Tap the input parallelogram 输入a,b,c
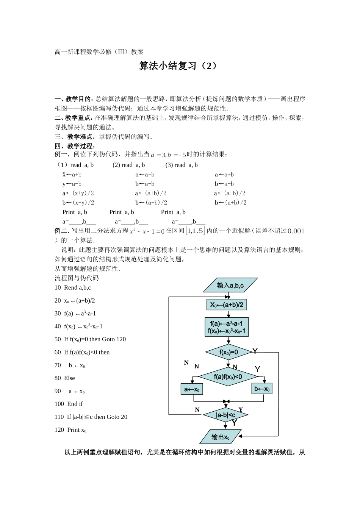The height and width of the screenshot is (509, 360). coord(230,285)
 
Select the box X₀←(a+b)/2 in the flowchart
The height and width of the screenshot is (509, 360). coord(227,305)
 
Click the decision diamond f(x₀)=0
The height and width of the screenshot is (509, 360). coord(229,352)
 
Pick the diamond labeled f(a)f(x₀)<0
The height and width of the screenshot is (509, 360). coord(228,376)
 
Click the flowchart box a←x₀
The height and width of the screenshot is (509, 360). coord(192,389)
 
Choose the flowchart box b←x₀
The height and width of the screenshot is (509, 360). coord(262,389)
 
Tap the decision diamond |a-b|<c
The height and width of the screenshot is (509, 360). coord(225,415)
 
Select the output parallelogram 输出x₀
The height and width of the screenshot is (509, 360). coord(221,437)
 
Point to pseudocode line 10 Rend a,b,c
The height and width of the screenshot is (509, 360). coord(73,287)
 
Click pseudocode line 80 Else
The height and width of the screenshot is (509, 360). coord(65,378)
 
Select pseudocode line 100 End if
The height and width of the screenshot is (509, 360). coord(69,404)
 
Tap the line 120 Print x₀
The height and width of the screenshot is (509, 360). coord(70,430)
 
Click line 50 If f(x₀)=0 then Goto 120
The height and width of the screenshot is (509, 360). coord(90,339)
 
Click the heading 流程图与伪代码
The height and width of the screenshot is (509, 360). coord(77,278)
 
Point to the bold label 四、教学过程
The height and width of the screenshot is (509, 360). coord(75,146)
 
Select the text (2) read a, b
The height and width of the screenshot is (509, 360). coord(128,165)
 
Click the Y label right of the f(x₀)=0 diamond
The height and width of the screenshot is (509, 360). coord(255,351)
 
